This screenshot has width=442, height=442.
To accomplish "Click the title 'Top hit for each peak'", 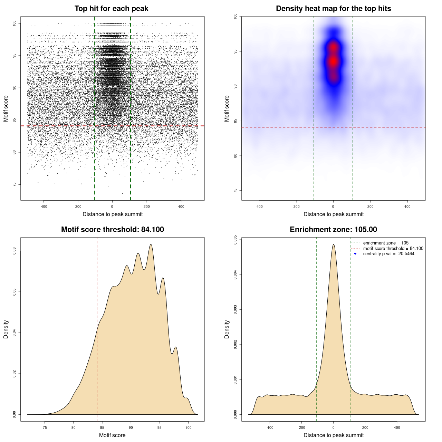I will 111,9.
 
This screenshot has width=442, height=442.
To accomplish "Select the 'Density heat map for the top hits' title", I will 333,9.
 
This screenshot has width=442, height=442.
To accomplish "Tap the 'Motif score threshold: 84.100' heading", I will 112,230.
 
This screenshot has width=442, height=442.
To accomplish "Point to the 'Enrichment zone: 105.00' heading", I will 333,230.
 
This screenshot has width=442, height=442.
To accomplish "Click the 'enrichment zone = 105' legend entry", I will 385,243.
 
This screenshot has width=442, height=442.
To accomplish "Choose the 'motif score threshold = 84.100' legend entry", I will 393,249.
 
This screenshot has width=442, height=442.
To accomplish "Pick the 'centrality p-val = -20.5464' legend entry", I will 388,254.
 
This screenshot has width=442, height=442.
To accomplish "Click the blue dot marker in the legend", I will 355,254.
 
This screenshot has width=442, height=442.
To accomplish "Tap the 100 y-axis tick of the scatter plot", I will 15,23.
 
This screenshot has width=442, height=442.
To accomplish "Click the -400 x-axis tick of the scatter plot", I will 44,206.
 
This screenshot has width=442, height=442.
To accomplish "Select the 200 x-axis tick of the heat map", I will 370,206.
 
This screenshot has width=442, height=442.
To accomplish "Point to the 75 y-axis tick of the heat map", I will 236,190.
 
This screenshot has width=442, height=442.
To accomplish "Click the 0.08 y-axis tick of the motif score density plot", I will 15,251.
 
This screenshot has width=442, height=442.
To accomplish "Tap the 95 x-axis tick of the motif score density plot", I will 159,427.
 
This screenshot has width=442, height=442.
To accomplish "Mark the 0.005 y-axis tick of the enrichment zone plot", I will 236,240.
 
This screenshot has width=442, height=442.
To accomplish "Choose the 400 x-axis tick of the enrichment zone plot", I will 397,427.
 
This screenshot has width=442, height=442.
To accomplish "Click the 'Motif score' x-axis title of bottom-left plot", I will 112,435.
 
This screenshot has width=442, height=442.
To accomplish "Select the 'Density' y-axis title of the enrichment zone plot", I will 227,329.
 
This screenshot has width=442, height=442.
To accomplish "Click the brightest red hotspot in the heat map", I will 333,61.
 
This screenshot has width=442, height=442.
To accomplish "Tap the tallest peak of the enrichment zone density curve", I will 333,244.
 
